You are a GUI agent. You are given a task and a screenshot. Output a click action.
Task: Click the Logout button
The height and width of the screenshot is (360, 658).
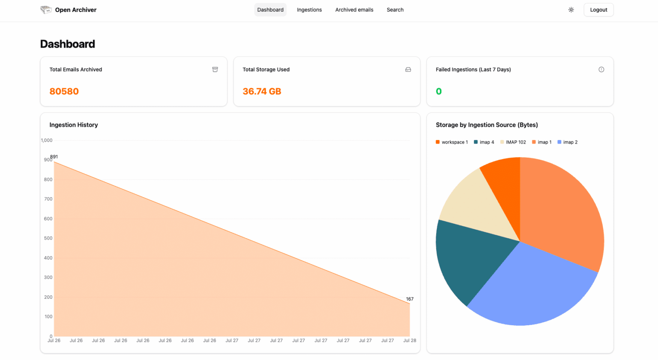click(x=598, y=10)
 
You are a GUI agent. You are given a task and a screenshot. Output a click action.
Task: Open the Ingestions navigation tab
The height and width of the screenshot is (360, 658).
click(x=309, y=10)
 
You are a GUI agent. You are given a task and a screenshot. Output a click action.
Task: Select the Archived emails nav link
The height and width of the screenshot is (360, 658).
click(x=354, y=10)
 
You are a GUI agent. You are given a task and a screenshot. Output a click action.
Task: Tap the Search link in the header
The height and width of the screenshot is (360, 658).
click(x=395, y=10)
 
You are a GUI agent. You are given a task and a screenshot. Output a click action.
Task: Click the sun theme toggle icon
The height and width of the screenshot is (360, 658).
click(x=571, y=10)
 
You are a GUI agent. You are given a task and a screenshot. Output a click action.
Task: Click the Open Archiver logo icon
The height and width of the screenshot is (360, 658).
click(x=46, y=10)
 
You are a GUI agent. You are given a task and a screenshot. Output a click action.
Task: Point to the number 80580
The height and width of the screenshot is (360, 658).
click(x=64, y=91)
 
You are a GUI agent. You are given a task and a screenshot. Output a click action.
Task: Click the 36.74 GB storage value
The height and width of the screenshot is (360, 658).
click(x=262, y=91)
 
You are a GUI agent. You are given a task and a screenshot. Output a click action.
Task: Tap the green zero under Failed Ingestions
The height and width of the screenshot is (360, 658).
click(x=439, y=91)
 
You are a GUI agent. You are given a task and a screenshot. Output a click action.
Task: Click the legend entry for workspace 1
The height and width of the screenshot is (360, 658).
click(x=452, y=142)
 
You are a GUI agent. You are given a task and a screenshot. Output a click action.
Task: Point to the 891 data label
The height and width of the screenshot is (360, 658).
click(x=54, y=157)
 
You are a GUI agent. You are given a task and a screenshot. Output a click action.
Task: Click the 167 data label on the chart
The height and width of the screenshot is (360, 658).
click(x=410, y=299)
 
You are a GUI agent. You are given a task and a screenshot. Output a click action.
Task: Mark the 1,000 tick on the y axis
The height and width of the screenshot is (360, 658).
click(x=47, y=141)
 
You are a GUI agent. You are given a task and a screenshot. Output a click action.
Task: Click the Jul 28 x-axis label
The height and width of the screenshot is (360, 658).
click(x=410, y=341)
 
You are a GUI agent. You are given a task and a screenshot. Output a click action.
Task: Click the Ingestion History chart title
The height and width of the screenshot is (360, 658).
click(x=74, y=125)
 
